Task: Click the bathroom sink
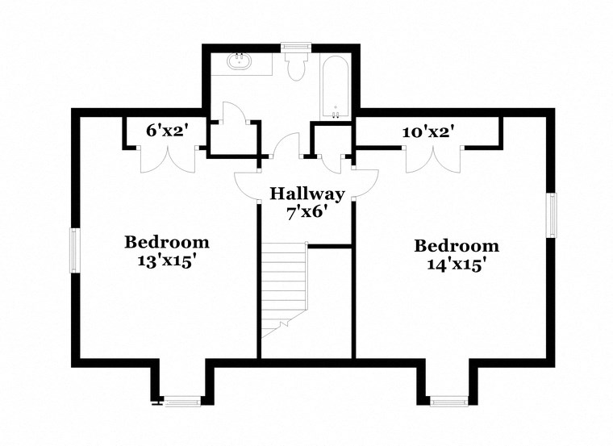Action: coord(239,61)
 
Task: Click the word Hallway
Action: coord(306,194)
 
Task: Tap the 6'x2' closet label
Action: coord(166,129)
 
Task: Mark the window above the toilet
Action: coord(294,47)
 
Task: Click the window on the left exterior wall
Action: coord(74,250)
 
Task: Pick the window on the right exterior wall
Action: coord(553,215)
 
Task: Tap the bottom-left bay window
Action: coord(182,400)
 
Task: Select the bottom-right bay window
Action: coord(448,400)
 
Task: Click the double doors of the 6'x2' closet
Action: coord(167,159)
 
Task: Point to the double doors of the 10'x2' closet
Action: coord(427,159)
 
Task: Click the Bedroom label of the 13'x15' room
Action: coord(166,242)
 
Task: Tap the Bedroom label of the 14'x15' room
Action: coord(457,246)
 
